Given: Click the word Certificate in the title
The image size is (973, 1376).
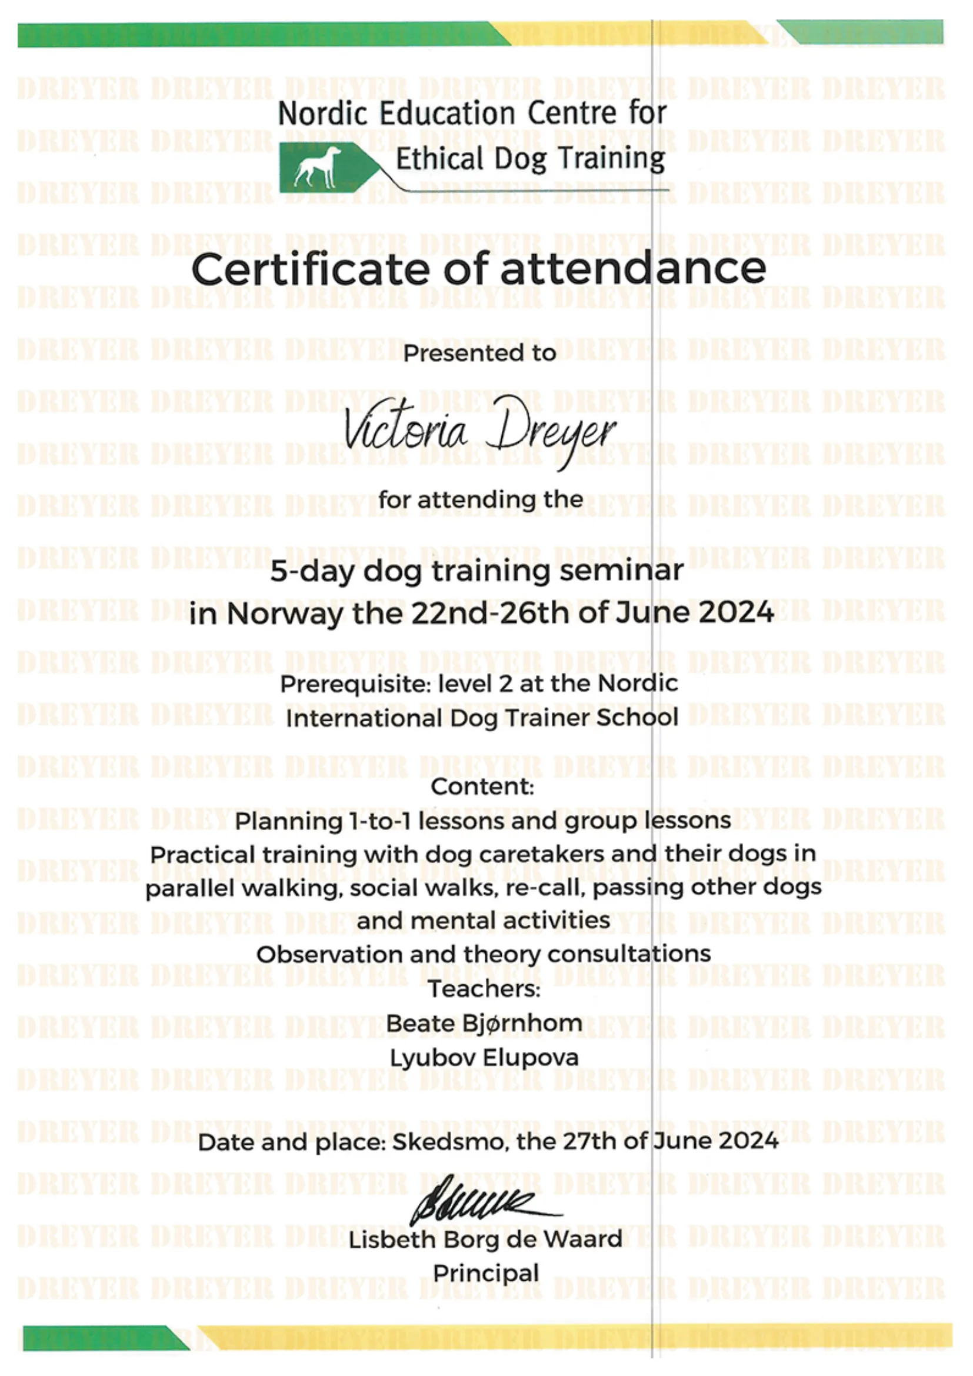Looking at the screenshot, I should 311,269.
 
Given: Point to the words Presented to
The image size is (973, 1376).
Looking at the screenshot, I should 479,353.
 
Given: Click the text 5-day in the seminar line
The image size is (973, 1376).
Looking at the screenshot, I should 311,571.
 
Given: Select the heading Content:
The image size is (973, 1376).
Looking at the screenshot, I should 482,787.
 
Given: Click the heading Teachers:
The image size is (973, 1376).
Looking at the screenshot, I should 484,988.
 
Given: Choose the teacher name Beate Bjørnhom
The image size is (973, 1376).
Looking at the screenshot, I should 484,1022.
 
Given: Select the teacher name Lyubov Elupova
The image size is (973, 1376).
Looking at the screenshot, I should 484,1057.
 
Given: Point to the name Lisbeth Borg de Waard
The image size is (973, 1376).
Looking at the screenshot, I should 485,1240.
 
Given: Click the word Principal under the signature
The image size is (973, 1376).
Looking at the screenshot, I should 486,1273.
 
